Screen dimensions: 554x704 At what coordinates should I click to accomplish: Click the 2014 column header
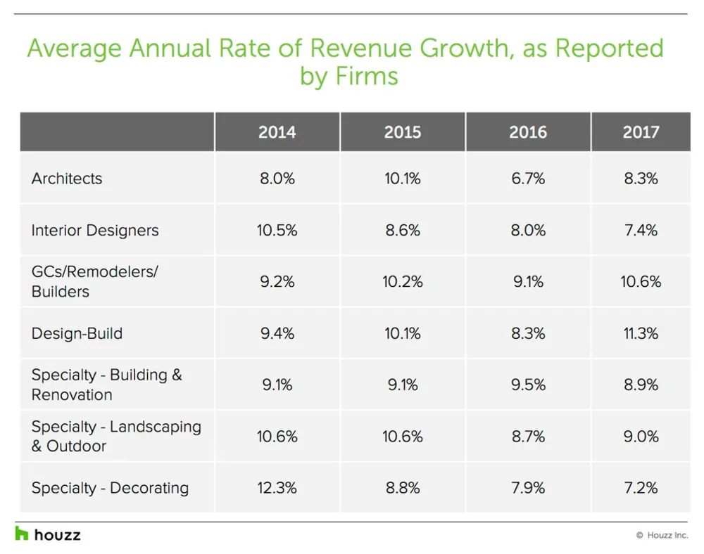point(277,132)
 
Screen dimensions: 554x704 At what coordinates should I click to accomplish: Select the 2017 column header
point(641,132)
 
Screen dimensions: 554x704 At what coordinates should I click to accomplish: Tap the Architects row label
point(67,179)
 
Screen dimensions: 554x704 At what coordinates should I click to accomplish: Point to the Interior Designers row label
point(95,231)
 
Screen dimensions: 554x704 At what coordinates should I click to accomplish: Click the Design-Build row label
point(77,333)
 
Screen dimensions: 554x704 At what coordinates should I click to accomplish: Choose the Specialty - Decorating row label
point(110,488)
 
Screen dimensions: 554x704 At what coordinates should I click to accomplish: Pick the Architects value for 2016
point(527,179)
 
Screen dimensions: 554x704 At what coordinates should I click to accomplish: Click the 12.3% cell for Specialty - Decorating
point(277,488)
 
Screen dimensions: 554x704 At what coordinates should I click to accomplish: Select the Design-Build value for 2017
point(641,333)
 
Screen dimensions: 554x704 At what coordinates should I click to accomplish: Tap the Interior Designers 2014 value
point(277,231)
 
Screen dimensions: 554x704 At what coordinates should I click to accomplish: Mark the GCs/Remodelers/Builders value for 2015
point(402,282)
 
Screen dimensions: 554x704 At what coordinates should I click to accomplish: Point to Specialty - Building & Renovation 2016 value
point(527,385)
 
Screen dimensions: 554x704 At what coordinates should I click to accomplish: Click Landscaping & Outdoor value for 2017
point(641,437)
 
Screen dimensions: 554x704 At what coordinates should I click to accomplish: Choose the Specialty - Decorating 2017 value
point(641,488)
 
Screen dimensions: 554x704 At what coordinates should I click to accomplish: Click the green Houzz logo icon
point(22,534)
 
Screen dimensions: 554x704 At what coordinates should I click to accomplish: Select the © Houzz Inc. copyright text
point(662,535)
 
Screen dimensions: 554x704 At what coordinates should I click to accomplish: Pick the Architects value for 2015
point(402,179)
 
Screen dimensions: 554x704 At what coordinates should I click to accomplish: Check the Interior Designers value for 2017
point(641,231)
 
